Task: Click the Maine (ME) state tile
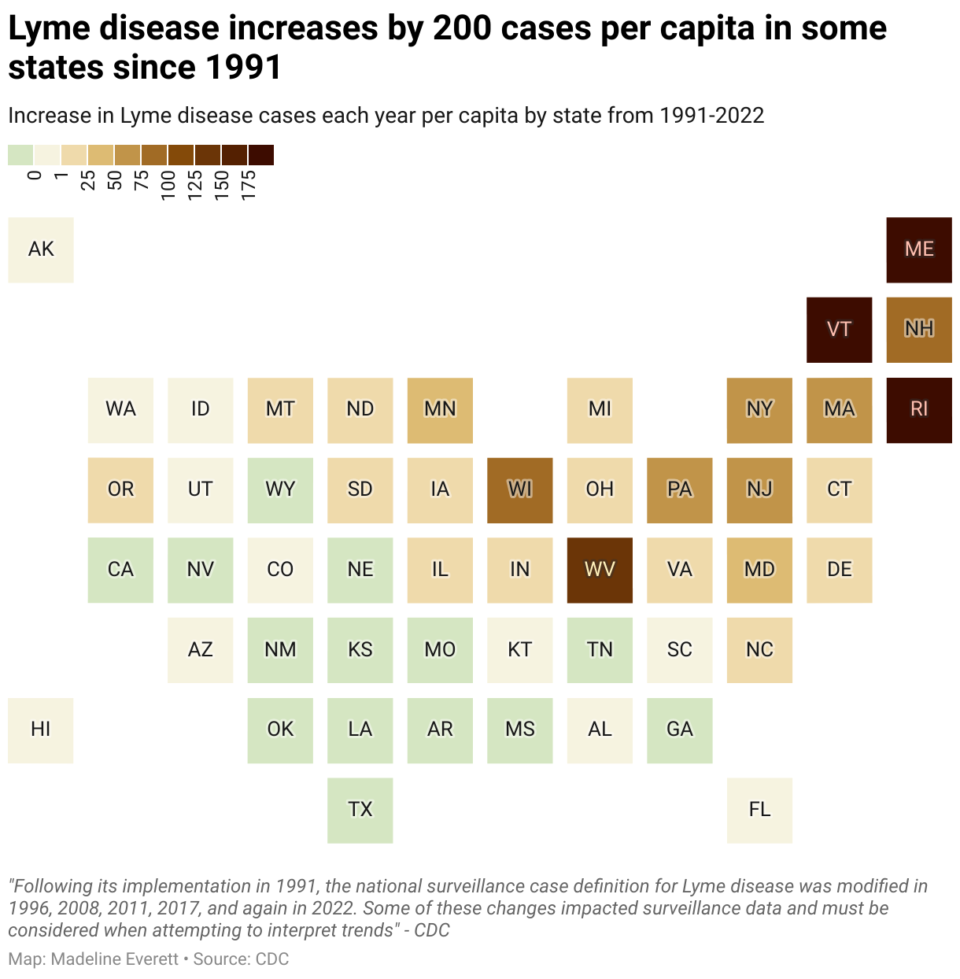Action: pyautogui.click(x=918, y=249)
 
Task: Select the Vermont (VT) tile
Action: pyautogui.click(x=839, y=330)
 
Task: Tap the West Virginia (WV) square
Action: pyautogui.click(x=600, y=570)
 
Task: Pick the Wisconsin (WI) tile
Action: pyautogui.click(x=519, y=489)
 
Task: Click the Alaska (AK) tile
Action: pyautogui.click(x=41, y=249)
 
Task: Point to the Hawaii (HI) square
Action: pyautogui.click(x=41, y=730)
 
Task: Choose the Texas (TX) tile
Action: pyautogui.click(x=360, y=810)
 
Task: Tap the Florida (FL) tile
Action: pyautogui.click(x=759, y=810)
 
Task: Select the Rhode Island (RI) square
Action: pyautogui.click(x=918, y=409)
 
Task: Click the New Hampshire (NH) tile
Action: pyautogui.click(x=918, y=330)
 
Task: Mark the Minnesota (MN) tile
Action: pyautogui.click(x=440, y=409)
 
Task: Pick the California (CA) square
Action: pyautogui.click(x=120, y=570)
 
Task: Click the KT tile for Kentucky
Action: pyautogui.click(x=519, y=649)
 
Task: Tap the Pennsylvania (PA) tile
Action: pyautogui.click(x=679, y=489)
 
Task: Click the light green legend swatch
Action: pyautogui.click(x=20, y=155)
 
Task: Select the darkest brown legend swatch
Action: pyautogui.click(x=260, y=155)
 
